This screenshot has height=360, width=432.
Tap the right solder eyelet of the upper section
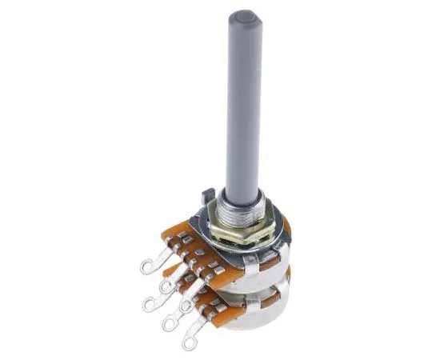pyautogui.click(x=186, y=306)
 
